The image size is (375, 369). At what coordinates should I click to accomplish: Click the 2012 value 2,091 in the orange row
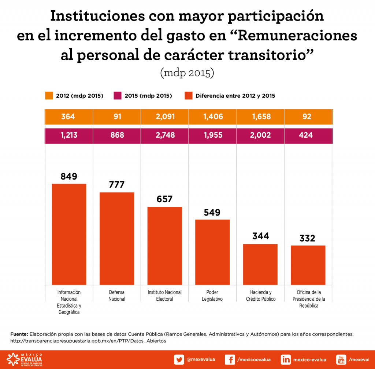[x=165, y=117]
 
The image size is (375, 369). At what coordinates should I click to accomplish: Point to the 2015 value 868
[x=117, y=135]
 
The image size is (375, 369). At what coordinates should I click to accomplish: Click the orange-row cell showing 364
[x=68, y=117]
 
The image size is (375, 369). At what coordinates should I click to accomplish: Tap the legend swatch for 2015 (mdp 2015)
[x=118, y=96]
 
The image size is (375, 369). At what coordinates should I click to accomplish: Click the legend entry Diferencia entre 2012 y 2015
[x=235, y=96]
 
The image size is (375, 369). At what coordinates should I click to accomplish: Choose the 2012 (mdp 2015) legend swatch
[x=49, y=96]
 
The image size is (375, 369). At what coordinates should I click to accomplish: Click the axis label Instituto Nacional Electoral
[x=165, y=296]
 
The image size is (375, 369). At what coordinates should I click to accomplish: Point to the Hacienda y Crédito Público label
[x=260, y=296]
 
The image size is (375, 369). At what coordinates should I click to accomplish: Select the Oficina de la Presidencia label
[x=308, y=299]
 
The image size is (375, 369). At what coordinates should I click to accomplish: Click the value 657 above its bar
[x=164, y=199]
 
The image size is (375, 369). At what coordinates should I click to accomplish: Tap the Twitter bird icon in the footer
[x=179, y=359]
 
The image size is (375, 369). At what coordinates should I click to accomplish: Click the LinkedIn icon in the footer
[x=286, y=359]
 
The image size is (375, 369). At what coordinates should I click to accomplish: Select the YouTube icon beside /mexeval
[x=341, y=359]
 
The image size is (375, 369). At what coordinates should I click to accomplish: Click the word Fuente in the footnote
[x=19, y=334]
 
